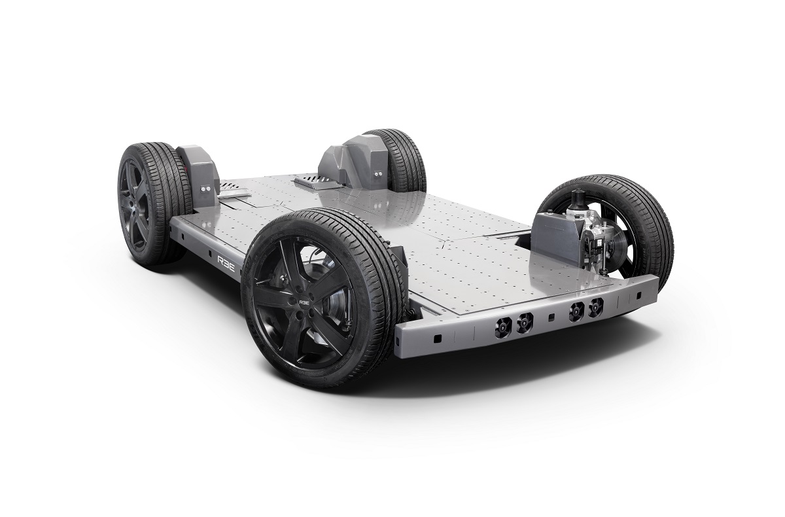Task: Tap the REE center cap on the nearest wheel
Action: point(305,302)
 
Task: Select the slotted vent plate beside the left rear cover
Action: point(232,190)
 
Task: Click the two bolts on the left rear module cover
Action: point(207,188)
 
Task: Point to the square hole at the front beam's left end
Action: point(438,338)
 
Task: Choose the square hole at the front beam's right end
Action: point(638,296)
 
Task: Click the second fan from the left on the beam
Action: point(524,321)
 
